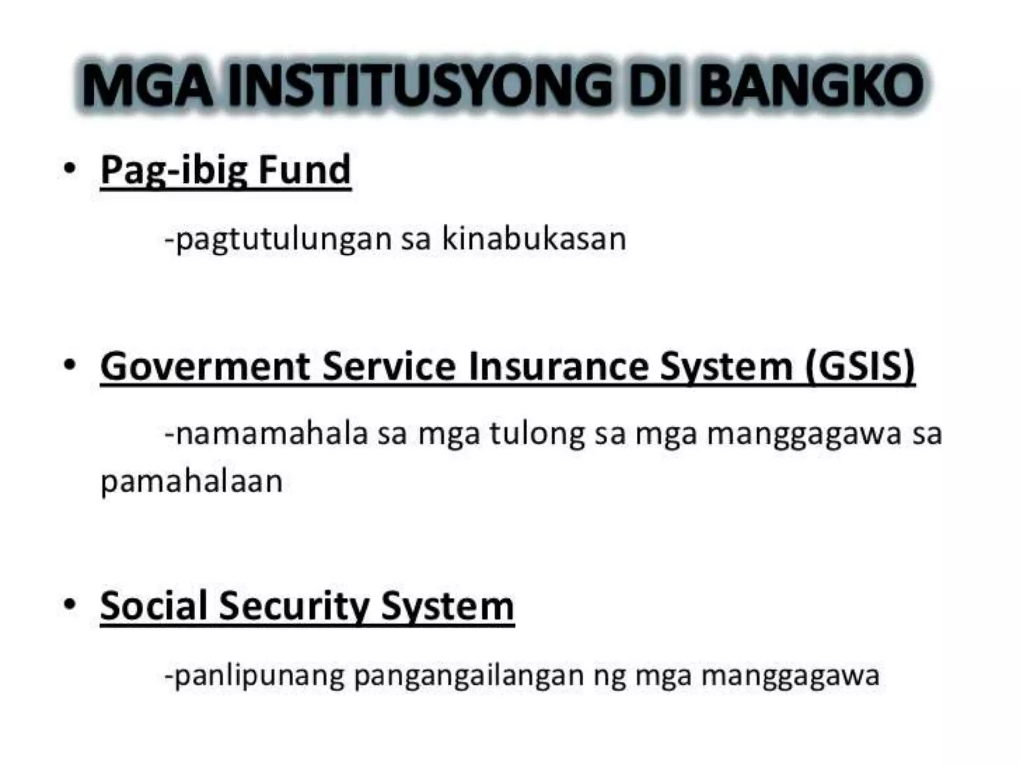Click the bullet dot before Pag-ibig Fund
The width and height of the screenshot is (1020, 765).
(x=70, y=168)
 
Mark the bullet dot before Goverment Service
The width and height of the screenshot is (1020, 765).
(x=70, y=365)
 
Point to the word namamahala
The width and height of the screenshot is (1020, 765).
(x=272, y=433)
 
